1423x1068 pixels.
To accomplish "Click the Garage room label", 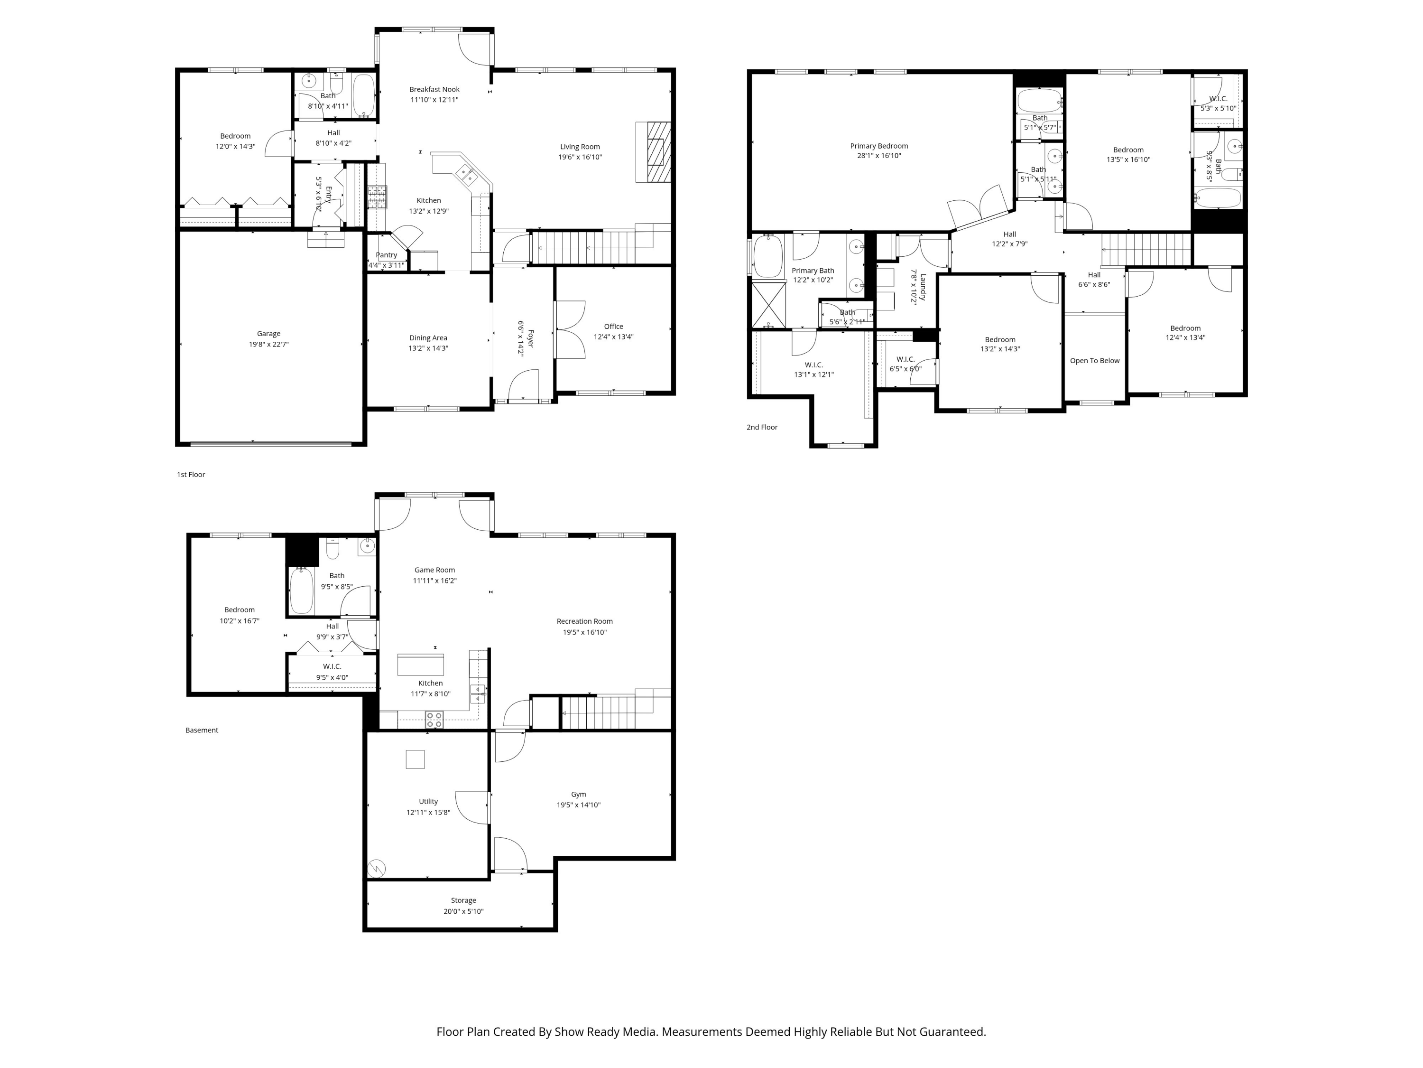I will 268,334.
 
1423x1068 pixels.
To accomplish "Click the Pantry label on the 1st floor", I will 386,255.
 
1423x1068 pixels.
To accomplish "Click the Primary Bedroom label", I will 879,146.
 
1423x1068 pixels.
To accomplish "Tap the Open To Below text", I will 1094,360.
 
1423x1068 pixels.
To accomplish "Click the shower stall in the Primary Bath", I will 769,305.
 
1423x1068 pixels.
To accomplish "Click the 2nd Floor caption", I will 762,427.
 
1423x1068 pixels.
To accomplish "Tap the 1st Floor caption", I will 191,475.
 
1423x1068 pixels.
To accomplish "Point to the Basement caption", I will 202,730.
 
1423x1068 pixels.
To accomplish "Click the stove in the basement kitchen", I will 434,720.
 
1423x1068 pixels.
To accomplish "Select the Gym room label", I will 578,795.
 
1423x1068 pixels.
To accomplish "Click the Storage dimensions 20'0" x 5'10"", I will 463,911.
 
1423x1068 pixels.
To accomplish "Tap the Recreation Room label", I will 584,621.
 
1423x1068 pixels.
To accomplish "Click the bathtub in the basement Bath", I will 301,590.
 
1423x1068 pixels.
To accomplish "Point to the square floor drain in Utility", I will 415,759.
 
